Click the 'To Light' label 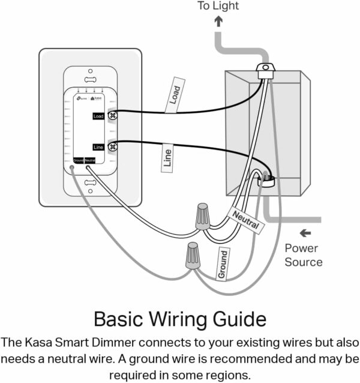218,6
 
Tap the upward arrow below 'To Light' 218,21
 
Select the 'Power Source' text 303,255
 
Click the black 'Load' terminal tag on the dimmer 98,116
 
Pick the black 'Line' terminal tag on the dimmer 98,146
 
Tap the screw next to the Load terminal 112,115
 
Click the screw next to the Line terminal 112,146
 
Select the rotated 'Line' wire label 167,158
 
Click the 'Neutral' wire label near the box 247,220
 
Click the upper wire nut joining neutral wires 203,217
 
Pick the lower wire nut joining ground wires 193,256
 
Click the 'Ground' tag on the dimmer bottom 78,160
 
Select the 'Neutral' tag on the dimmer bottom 90,160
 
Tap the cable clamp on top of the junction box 264,69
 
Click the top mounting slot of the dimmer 90,79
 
